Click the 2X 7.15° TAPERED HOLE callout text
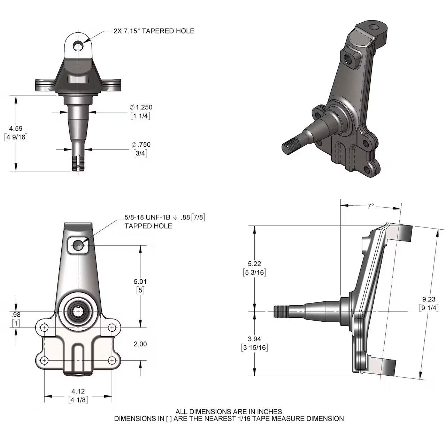point(154,31)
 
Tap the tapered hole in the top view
point(79,46)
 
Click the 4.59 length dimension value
point(16,129)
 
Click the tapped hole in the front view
point(79,245)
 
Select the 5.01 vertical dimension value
point(140,281)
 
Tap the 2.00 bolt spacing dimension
point(140,344)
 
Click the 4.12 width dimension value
point(78,391)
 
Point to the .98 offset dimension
point(16,315)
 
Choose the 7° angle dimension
point(370,206)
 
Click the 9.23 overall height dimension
point(429,299)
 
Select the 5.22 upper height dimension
point(254,264)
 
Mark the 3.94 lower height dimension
point(254,339)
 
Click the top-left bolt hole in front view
point(44,328)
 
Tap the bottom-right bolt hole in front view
point(112,360)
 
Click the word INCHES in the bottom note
point(268,412)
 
